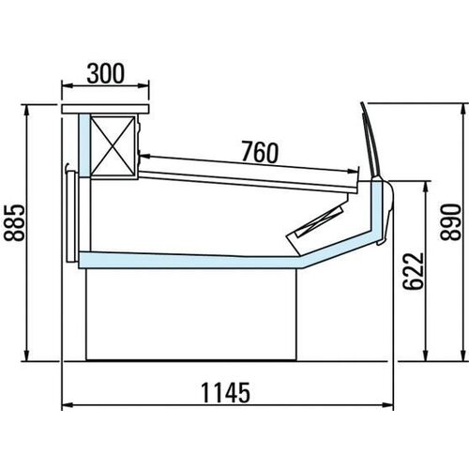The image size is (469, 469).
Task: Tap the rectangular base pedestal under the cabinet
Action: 192,314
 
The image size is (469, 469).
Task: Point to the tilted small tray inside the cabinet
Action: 317,222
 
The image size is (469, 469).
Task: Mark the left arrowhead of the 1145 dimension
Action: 66,406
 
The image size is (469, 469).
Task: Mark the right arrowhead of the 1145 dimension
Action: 387,406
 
